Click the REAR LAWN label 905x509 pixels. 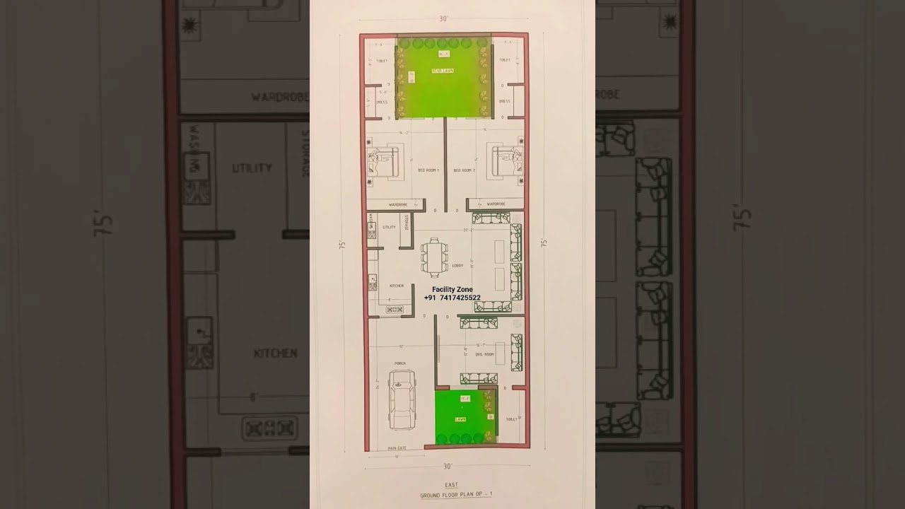443,71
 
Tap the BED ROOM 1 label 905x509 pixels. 428,170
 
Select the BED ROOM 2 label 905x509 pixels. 464,170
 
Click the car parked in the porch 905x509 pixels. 402,400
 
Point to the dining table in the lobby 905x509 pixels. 433,256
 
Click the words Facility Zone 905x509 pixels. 452,289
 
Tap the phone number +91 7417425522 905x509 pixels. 452,298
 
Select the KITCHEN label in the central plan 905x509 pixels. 397,286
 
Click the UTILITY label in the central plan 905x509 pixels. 389,227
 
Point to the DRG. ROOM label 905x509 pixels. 484,354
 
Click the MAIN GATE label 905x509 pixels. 397,448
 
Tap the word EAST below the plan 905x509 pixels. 451,485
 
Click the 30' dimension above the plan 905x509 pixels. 443,19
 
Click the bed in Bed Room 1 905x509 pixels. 383,162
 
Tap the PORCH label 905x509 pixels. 400,365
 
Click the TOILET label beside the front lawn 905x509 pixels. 511,419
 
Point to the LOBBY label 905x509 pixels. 457,267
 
